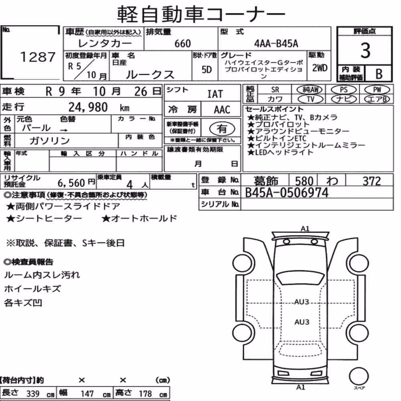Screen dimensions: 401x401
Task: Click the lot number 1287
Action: tap(38, 57)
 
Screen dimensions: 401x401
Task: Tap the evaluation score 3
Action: tap(365, 51)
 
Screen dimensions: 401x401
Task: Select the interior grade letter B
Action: tap(379, 74)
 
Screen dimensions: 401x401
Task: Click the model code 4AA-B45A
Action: tap(276, 44)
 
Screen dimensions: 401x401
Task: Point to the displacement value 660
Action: tap(182, 44)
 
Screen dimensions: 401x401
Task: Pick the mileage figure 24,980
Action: tap(88, 107)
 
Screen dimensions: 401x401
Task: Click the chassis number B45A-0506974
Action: tap(286, 192)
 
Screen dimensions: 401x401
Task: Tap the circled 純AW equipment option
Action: tap(310, 89)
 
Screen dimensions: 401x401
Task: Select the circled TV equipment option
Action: tap(310, 99)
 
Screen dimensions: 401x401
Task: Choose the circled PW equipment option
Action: tap(377, 89)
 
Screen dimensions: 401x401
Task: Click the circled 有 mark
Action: tap(222, 129)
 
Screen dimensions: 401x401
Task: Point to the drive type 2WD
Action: tap(320, 68)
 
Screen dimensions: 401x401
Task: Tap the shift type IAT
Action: tap(215, 94)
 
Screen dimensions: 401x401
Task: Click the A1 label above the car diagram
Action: tap(305, 229)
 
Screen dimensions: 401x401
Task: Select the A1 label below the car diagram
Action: tap(301, 387)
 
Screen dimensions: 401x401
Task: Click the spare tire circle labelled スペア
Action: tap(358, 377)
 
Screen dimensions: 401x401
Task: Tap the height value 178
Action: tap(145, 394)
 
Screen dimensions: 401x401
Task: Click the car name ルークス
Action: tap(150, 75)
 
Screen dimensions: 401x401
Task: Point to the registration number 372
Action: tap(372, 181)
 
